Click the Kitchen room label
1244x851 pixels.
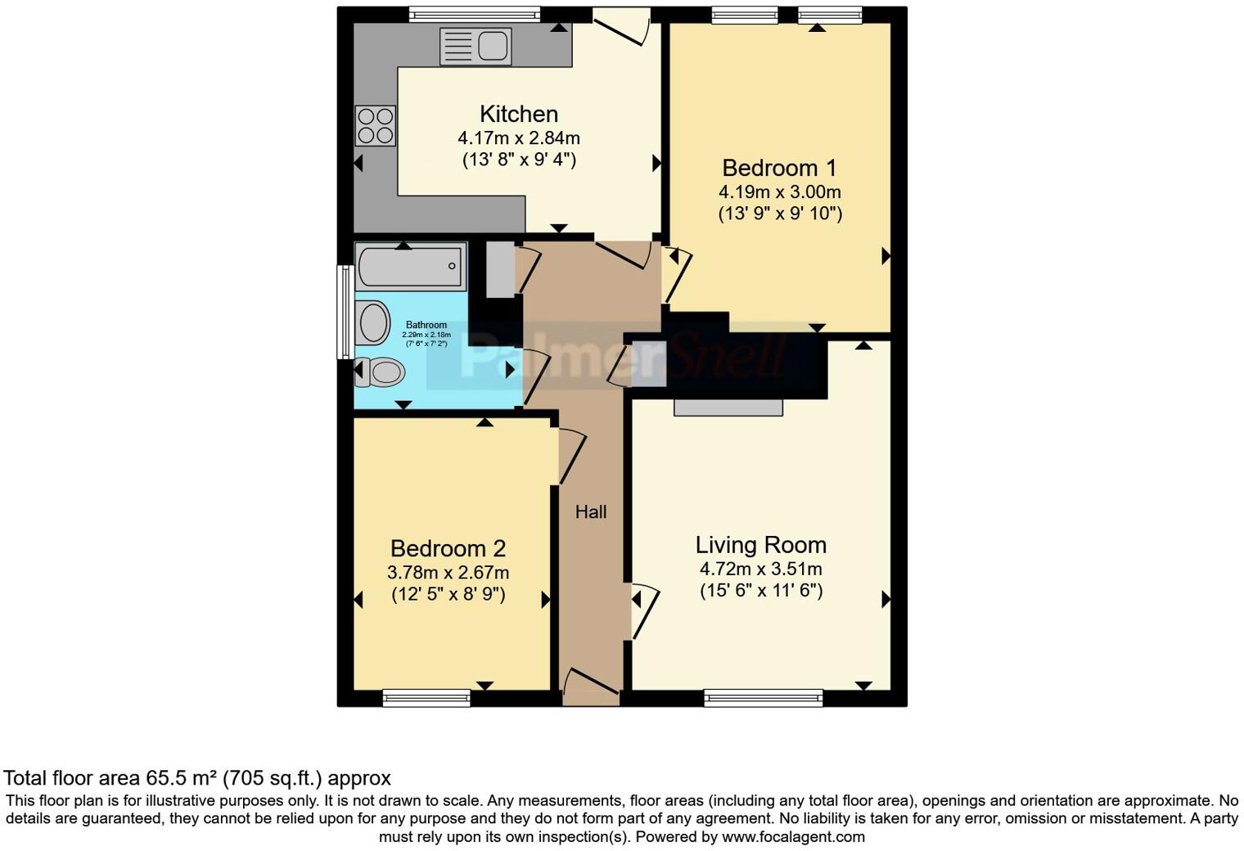[518, 114]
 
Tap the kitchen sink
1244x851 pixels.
[476, 46]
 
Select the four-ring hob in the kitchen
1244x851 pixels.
[376, 126]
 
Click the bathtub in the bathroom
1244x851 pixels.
[410, 267]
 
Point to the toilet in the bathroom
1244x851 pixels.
[380, 373]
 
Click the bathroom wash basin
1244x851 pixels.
[373, 322]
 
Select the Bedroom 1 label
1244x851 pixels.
[779, 168]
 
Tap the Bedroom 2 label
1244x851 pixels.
[448, 548]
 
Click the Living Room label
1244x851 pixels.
[760, 545]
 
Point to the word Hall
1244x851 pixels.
[590, 512]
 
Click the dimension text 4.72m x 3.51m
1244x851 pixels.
[760, 569]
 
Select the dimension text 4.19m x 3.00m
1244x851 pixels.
[779, 192]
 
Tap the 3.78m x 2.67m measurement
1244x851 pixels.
[448, 573]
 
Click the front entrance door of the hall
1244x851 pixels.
[590, 687]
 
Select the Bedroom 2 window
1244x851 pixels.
[426, 698]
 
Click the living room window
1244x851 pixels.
[763, 698]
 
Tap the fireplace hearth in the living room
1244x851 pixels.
[728, 407]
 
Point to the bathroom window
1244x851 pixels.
[345, 312]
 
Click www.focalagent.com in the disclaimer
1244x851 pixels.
[793, 837]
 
